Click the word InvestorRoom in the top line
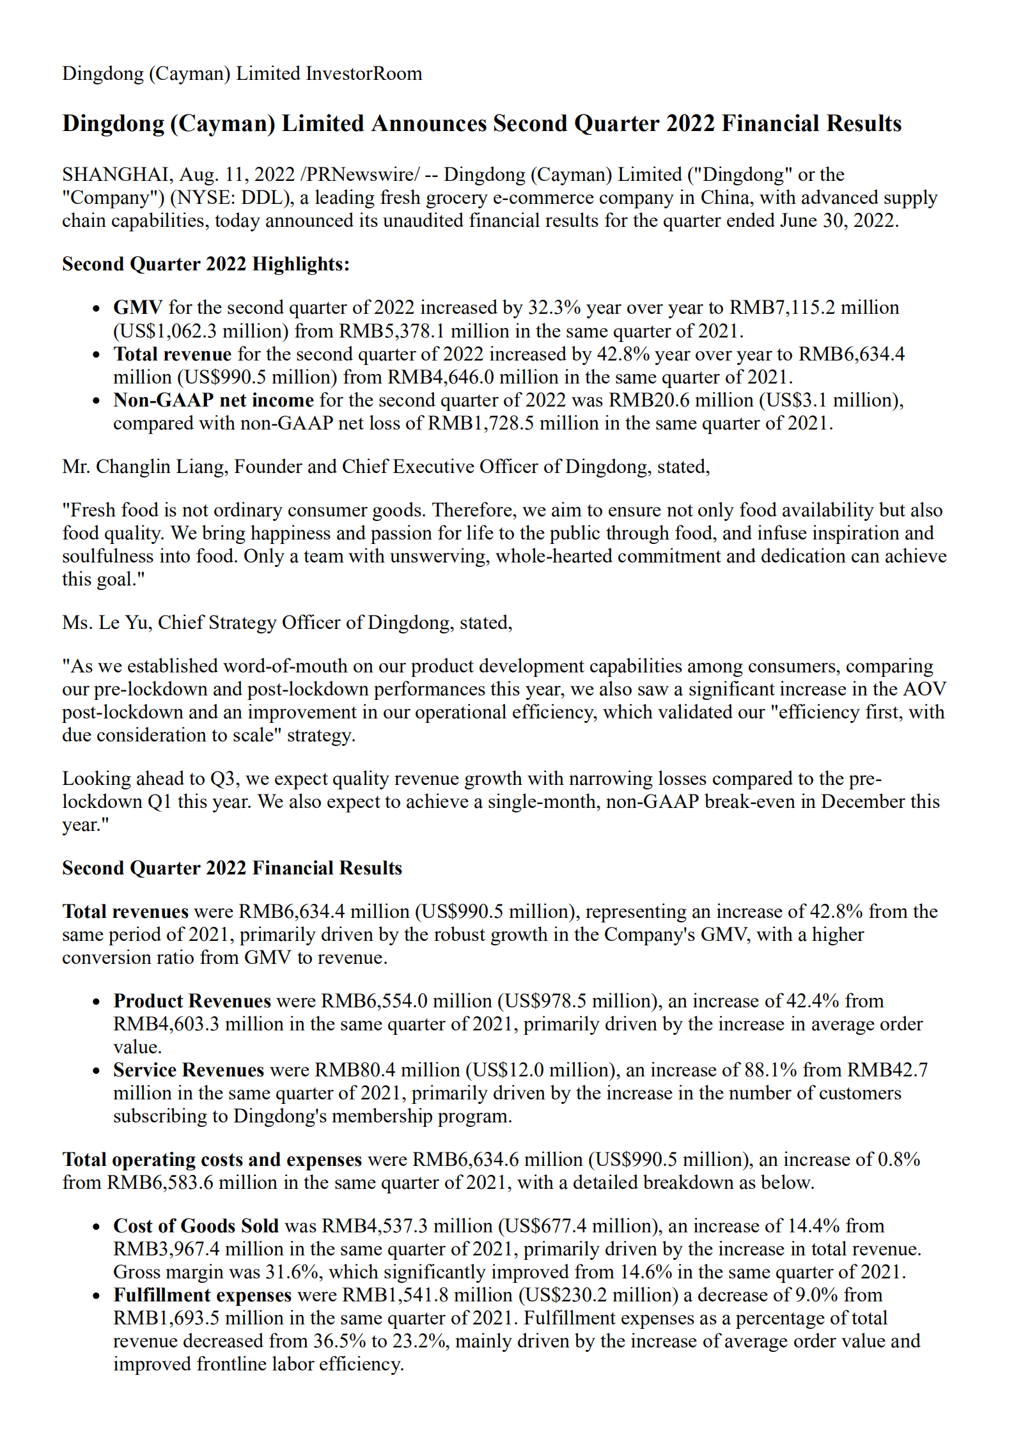coord(364,74)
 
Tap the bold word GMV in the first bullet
coord(137,307)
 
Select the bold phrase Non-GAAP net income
coord(214,400)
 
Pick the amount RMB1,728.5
coord(481,423)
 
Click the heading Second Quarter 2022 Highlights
coord(206,264)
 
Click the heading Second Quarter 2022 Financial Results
coord(232,868)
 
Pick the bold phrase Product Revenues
coord(192,1001)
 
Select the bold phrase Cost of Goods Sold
coord(196,1226)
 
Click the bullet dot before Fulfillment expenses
coord(96,1296)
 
